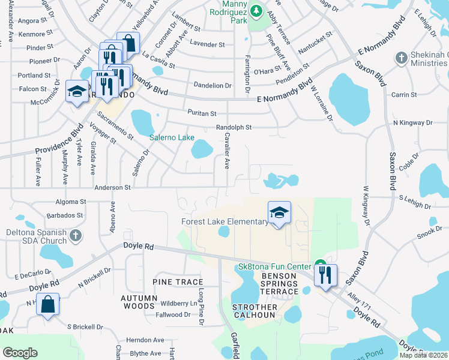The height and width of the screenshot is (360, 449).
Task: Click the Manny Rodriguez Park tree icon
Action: pos(257,11)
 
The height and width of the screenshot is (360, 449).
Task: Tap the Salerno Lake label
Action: pos(172,137)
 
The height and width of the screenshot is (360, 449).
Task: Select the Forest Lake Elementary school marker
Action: pos(279,213)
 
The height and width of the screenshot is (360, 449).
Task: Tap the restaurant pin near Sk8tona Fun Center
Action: pos(325,275)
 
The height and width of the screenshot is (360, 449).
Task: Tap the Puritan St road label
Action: pos(201,113)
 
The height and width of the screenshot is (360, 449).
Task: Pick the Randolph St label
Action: pos(234,128)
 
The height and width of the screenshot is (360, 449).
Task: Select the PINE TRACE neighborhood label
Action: pos(178,282)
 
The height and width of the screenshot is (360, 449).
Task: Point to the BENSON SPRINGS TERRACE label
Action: pos(279,284)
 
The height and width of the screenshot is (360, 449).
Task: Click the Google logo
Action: pos(20,353)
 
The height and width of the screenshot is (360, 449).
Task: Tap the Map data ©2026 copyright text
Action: pos(423,355)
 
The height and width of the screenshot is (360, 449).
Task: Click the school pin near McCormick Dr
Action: pos(77,92)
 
